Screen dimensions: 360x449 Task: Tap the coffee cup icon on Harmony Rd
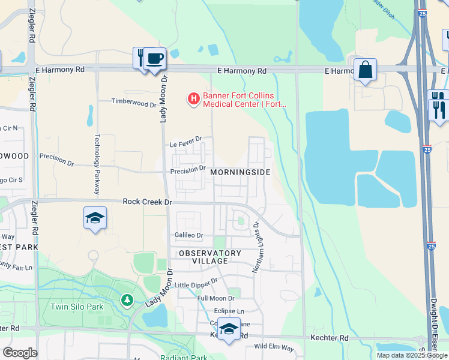pos(155,59)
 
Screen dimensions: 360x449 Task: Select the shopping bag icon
pos(365,70)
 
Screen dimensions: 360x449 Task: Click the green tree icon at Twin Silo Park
pos(127,299)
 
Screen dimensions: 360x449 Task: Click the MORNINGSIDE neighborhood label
pos(240,172)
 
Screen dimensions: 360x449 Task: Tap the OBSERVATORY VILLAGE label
pos(210,257)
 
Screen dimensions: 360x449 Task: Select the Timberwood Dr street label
pos(133,103)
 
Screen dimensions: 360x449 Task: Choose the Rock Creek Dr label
pos(147,202)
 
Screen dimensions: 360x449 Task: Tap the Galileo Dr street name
pos(189,235)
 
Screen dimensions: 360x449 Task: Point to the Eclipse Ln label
pos(229,311)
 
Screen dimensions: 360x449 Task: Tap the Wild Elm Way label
pos(274,347)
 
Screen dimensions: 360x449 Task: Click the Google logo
pos(20,352)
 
